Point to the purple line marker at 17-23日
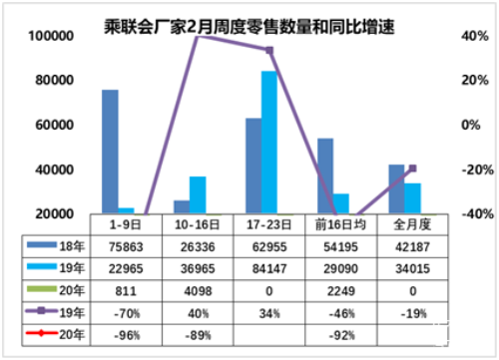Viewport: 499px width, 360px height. click(x=268, y=50)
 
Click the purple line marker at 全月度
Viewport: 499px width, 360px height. click(x=411, y=168)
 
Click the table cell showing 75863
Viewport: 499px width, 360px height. click(x=119, y=246)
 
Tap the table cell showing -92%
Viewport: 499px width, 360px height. click(x=332, y=333)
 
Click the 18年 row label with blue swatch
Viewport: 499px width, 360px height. click(x=59, y=246)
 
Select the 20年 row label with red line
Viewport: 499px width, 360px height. click(x=59, y=333)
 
